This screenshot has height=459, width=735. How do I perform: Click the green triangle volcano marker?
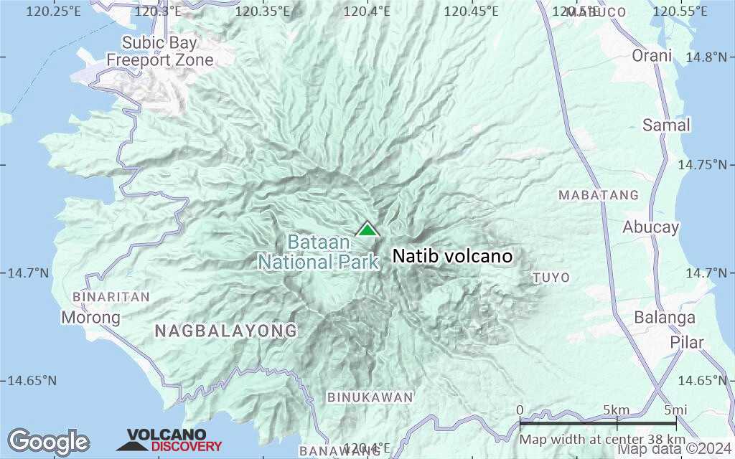tap(367, 229)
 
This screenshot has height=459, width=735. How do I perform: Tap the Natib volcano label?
tap(452, 256)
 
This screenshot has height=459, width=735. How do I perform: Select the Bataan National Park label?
tap(319, 252)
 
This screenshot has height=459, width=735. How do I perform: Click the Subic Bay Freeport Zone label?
tap(160, 52)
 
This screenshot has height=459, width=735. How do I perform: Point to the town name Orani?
tap(652, 56)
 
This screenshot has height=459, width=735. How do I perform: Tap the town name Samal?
tap(666, 126)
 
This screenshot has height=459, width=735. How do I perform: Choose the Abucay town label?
tap(650, 227)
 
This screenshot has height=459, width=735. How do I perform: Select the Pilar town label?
tap(687, 342)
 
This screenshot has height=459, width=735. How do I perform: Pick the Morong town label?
tap(90, 317)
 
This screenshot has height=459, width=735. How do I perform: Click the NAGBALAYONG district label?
tap(226, 331)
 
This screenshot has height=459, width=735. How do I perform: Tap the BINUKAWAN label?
tap(370, 397)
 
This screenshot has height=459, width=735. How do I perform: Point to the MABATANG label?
tap(599, 195)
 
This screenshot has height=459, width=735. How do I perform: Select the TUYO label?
tap(551, 278)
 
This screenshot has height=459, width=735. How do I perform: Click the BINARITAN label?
tap(111, 297)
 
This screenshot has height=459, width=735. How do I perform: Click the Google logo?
tap(48, 442)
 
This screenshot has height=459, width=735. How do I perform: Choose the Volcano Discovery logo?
tap(171, 440)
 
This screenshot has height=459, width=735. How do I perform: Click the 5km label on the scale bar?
tap(616, 410)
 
